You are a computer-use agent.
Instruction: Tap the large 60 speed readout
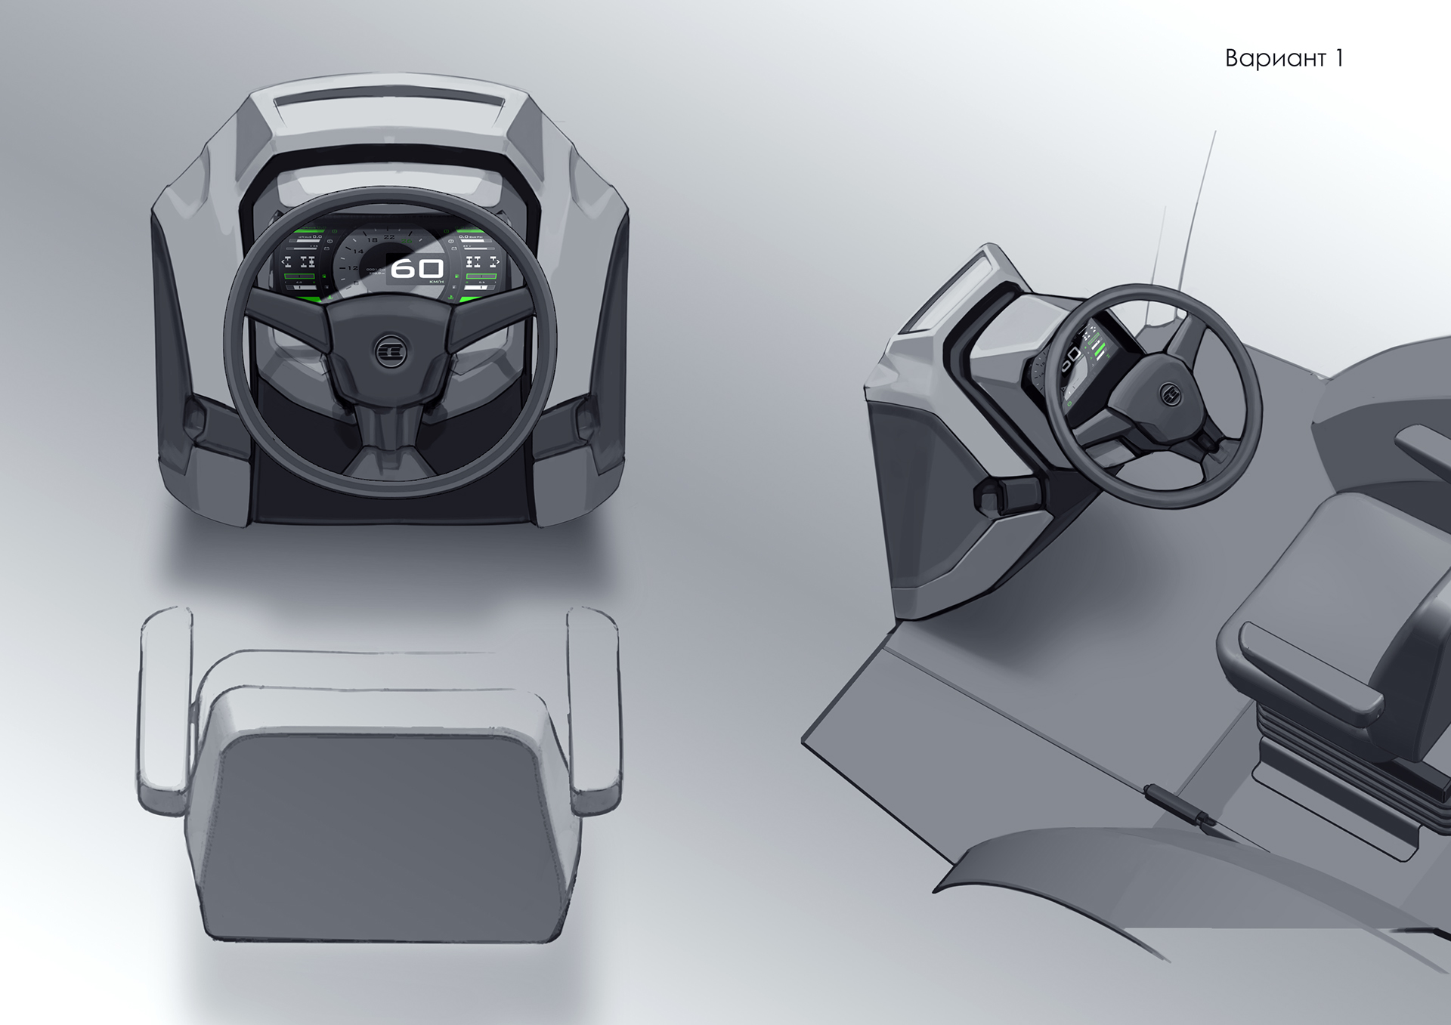[x=416, y=268]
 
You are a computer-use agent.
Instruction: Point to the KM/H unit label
[x=436, y=282]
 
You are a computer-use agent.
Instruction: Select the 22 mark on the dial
[x=389, y=237]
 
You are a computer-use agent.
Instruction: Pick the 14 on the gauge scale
[x=358, y=251]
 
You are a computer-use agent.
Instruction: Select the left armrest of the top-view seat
[x=163, y=710]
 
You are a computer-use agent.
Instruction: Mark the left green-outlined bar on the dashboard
[x=299, y=277]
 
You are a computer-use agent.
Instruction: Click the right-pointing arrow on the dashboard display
[x=497, y=262]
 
